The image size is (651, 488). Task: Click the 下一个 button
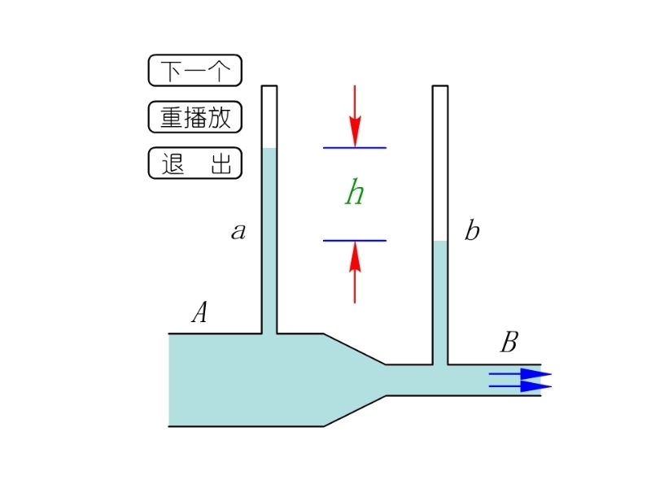pos(194,71)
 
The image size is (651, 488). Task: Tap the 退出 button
pos(194,163)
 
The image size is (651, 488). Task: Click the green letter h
pos(354,194)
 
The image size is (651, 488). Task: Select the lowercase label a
pos(238,232)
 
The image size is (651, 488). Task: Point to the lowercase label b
pos(472,232)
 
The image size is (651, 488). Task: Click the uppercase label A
pos(199,313)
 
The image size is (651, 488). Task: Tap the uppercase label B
pos(509,342)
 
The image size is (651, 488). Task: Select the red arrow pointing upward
pos(355,272)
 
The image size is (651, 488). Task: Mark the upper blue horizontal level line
pos(355,148)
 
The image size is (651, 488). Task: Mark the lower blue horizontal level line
pos(355,241)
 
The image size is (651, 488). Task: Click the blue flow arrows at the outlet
pos(521,380)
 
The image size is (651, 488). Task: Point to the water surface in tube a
pos(269,149)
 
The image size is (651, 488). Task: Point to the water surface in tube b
pos(440,242)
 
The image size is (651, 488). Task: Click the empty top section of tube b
pos(440,163)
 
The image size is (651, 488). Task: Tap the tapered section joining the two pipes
pos(355,380)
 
